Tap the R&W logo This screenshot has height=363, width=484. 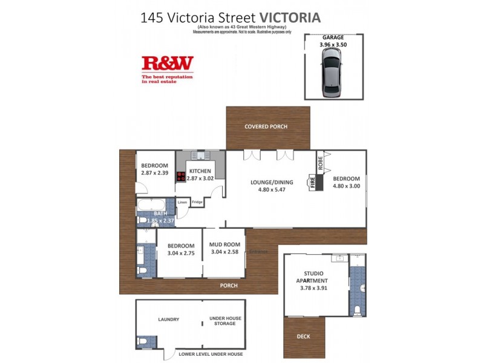(167, 63)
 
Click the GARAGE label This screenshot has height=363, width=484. (334, 36)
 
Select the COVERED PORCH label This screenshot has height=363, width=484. (266, 127)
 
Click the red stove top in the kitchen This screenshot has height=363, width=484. (180, 177)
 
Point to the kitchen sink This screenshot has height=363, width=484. (200, 155)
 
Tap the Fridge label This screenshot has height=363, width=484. (197, 202)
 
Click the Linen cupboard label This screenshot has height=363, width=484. (183, 202)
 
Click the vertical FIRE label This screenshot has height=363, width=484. (313, 183)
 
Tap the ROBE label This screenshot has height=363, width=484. (319, 162)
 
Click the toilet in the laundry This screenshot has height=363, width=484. (144, 342)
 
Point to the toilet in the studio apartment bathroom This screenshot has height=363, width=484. (358, 310)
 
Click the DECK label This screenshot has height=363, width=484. (304, 337)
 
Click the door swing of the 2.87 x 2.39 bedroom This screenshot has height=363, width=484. (140, 189)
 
